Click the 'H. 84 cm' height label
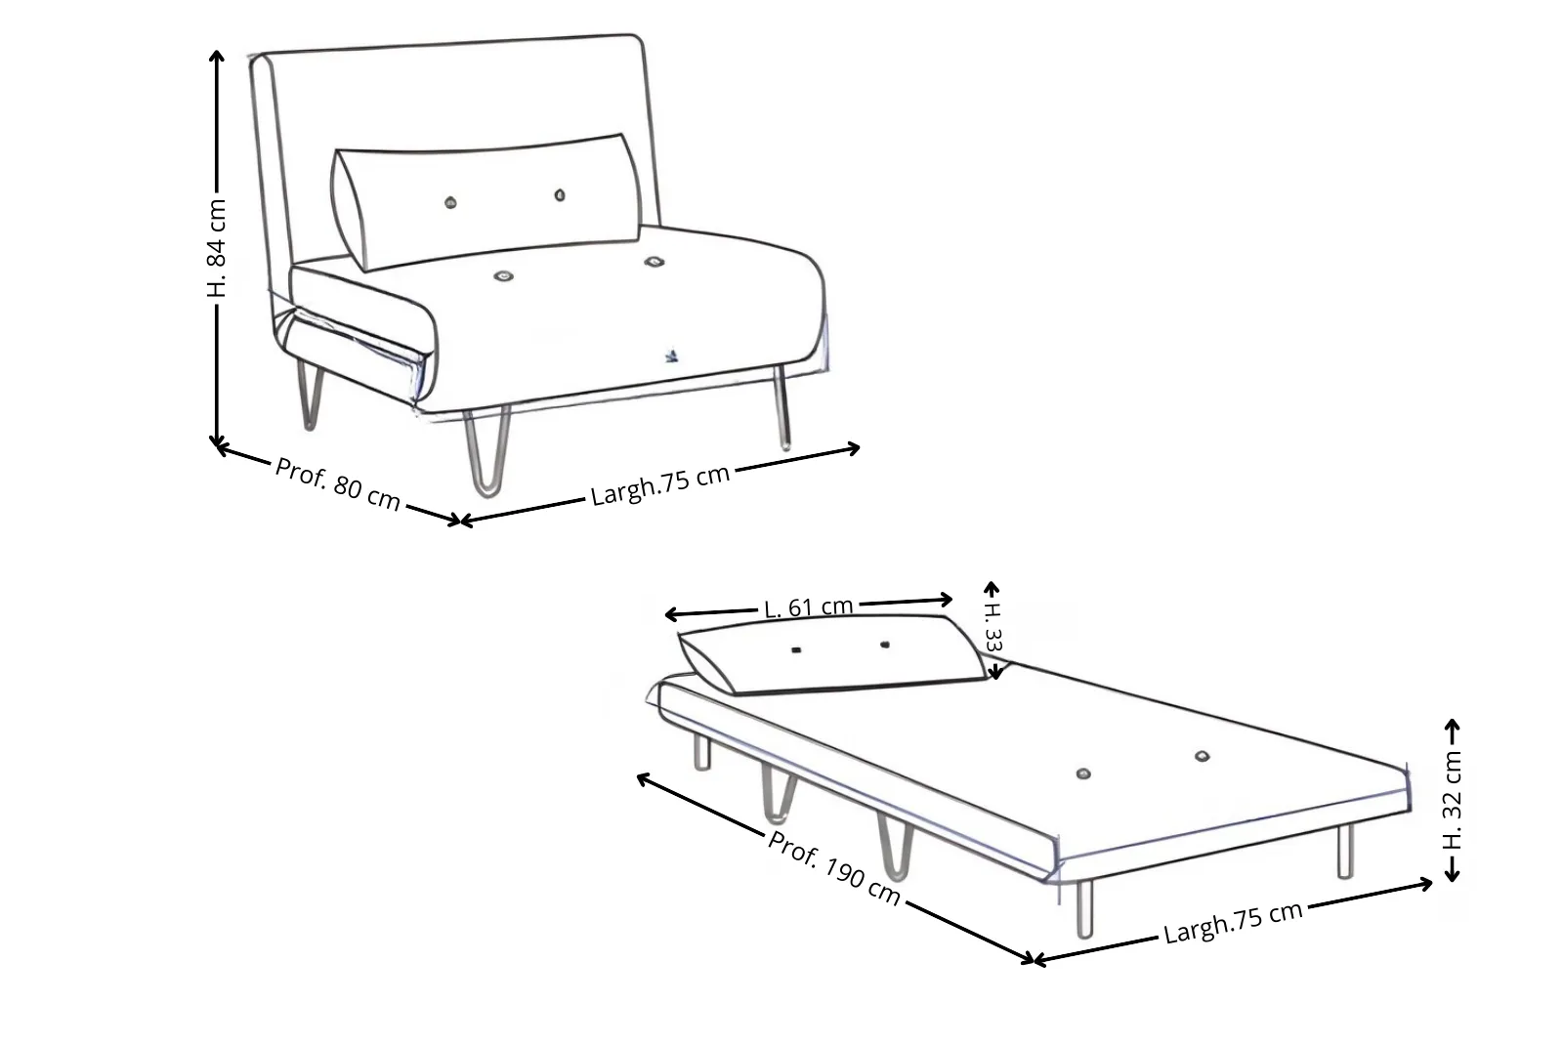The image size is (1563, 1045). pos(217,248)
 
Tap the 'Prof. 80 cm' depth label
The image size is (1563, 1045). pos(338,483)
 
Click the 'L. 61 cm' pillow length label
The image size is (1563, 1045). pos(809,606)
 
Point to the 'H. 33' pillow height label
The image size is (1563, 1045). pos(993,627)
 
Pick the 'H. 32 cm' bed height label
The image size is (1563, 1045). pos(1452,800)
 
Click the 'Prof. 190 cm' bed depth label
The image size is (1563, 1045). pos(834,868)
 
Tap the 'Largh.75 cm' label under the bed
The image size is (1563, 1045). pos(1233,922)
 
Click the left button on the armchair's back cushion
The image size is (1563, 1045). pos(450,203)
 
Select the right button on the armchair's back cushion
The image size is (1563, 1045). pos(560,195)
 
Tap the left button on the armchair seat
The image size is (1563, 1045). pos(503,276)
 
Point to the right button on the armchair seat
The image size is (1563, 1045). pos(654,262)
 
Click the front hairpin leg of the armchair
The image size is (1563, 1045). pos(487,452)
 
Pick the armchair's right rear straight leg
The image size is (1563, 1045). pos(782,408)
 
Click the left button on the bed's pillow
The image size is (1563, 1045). pos(796,650)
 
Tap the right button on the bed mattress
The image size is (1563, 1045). pos(1202,756)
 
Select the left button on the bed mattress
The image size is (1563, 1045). pos(1083,773)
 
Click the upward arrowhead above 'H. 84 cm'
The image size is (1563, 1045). pos(217,56)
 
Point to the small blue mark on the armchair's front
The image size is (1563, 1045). pos(671,356)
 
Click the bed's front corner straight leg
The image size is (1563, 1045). pos(1084,909)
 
